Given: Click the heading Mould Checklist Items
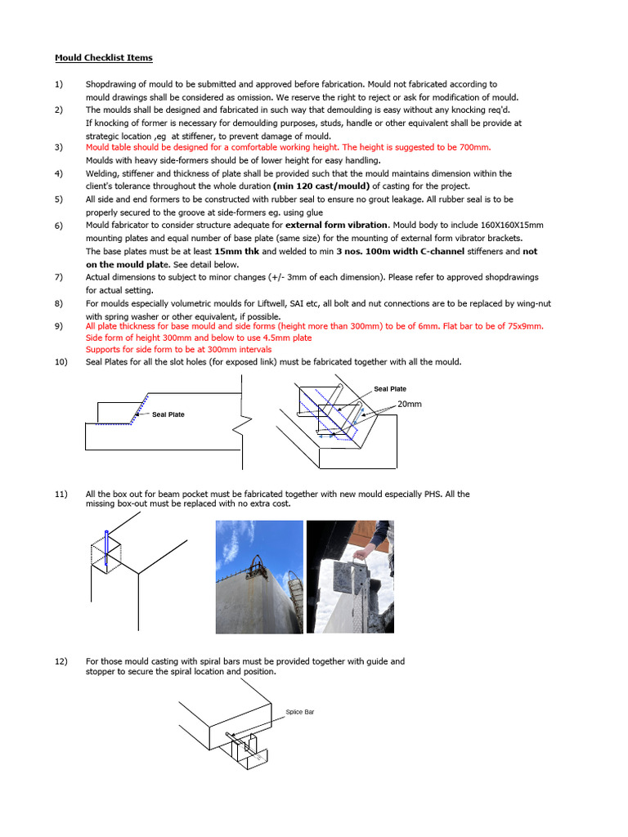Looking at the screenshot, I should [103, 58].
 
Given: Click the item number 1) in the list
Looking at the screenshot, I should [59, 84].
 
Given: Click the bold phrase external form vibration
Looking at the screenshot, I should [336, 225].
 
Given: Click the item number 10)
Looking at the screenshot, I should [61, 362].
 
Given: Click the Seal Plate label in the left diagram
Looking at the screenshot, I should [168, 414].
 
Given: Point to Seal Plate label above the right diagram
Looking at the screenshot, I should [390, 389].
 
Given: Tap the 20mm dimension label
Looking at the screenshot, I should [410, 404].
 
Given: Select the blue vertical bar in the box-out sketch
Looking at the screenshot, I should [106, 549].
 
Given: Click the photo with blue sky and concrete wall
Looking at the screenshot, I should [258, 576].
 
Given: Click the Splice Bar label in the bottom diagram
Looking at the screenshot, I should [299, 712].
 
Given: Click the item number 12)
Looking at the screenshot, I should [61, 661].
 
